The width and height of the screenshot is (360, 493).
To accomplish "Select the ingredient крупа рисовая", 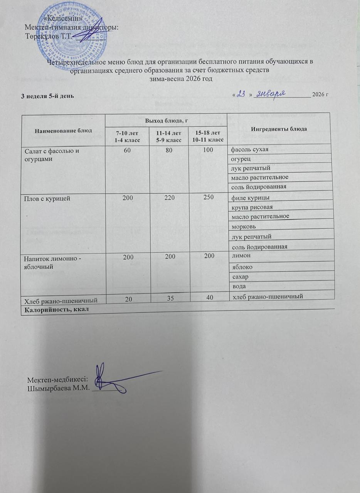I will [251, 207].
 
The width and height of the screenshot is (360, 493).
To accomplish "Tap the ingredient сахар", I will [239, 276].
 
